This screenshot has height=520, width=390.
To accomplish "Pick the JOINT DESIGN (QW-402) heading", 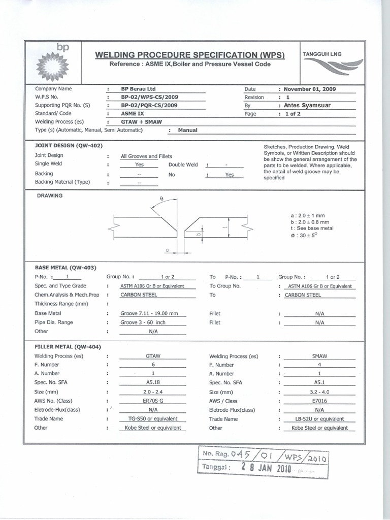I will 69,146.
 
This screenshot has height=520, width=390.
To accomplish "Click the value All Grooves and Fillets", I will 146,156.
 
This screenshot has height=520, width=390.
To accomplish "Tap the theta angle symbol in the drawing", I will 161,199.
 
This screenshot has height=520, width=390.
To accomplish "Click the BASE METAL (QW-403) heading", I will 66,267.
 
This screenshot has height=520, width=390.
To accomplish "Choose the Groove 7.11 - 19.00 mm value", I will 149,314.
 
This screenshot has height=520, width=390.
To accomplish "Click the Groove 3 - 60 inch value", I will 143,322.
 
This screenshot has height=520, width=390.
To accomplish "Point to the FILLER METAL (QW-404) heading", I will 68,347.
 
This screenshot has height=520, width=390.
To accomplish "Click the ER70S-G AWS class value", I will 153,401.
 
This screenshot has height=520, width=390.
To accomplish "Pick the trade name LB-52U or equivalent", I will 319,419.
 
